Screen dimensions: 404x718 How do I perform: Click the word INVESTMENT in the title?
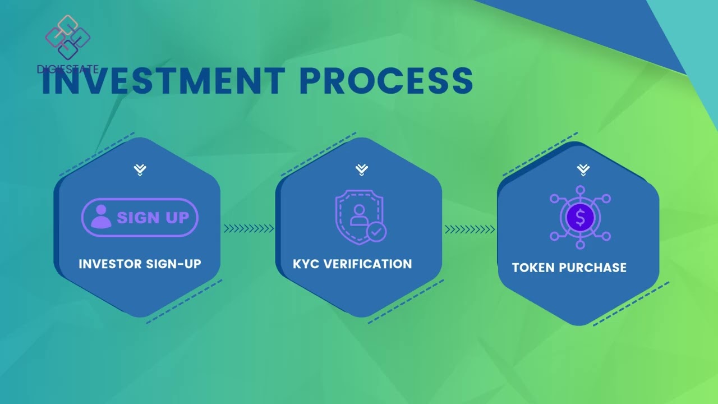pyautogui.click(x=163, y=81)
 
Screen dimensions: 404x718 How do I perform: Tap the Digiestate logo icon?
pyautogui.click(x=67, y=37)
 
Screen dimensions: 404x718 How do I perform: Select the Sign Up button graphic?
pyautogui.click(x=140, y=217)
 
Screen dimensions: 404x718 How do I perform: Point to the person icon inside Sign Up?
pyautogui.click(x=101, y=217)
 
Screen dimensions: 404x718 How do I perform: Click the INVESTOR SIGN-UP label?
pyautogui.click(x=140, y=264)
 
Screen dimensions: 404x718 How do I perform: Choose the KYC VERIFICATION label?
pyautogui.click(x=352, y=264)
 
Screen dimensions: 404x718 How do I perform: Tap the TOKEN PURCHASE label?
pyautogui.click(x=569, y=268)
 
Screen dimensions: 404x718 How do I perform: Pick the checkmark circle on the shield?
pyautogui.click(x=376, y=231)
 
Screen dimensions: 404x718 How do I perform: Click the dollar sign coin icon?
pyautogui.click(x=580, y=218)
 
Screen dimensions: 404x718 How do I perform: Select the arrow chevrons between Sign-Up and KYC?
pyautogui.click(x=248, y=228)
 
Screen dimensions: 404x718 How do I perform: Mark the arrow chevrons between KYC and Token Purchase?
pyautogui.click(x=470, y=229)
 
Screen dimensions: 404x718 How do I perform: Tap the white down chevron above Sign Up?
pyautogui.click(x=140, y=169)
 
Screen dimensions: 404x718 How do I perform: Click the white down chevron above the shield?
pyautogui.click(x=362, y=169)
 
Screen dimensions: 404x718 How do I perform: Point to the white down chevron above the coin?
pyautogui.click(x=583, y=169)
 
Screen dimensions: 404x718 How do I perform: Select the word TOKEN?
pyautogui.click(x=533, y=268)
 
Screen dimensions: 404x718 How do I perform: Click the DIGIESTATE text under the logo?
pyautogui.click(x=67, y=70)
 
